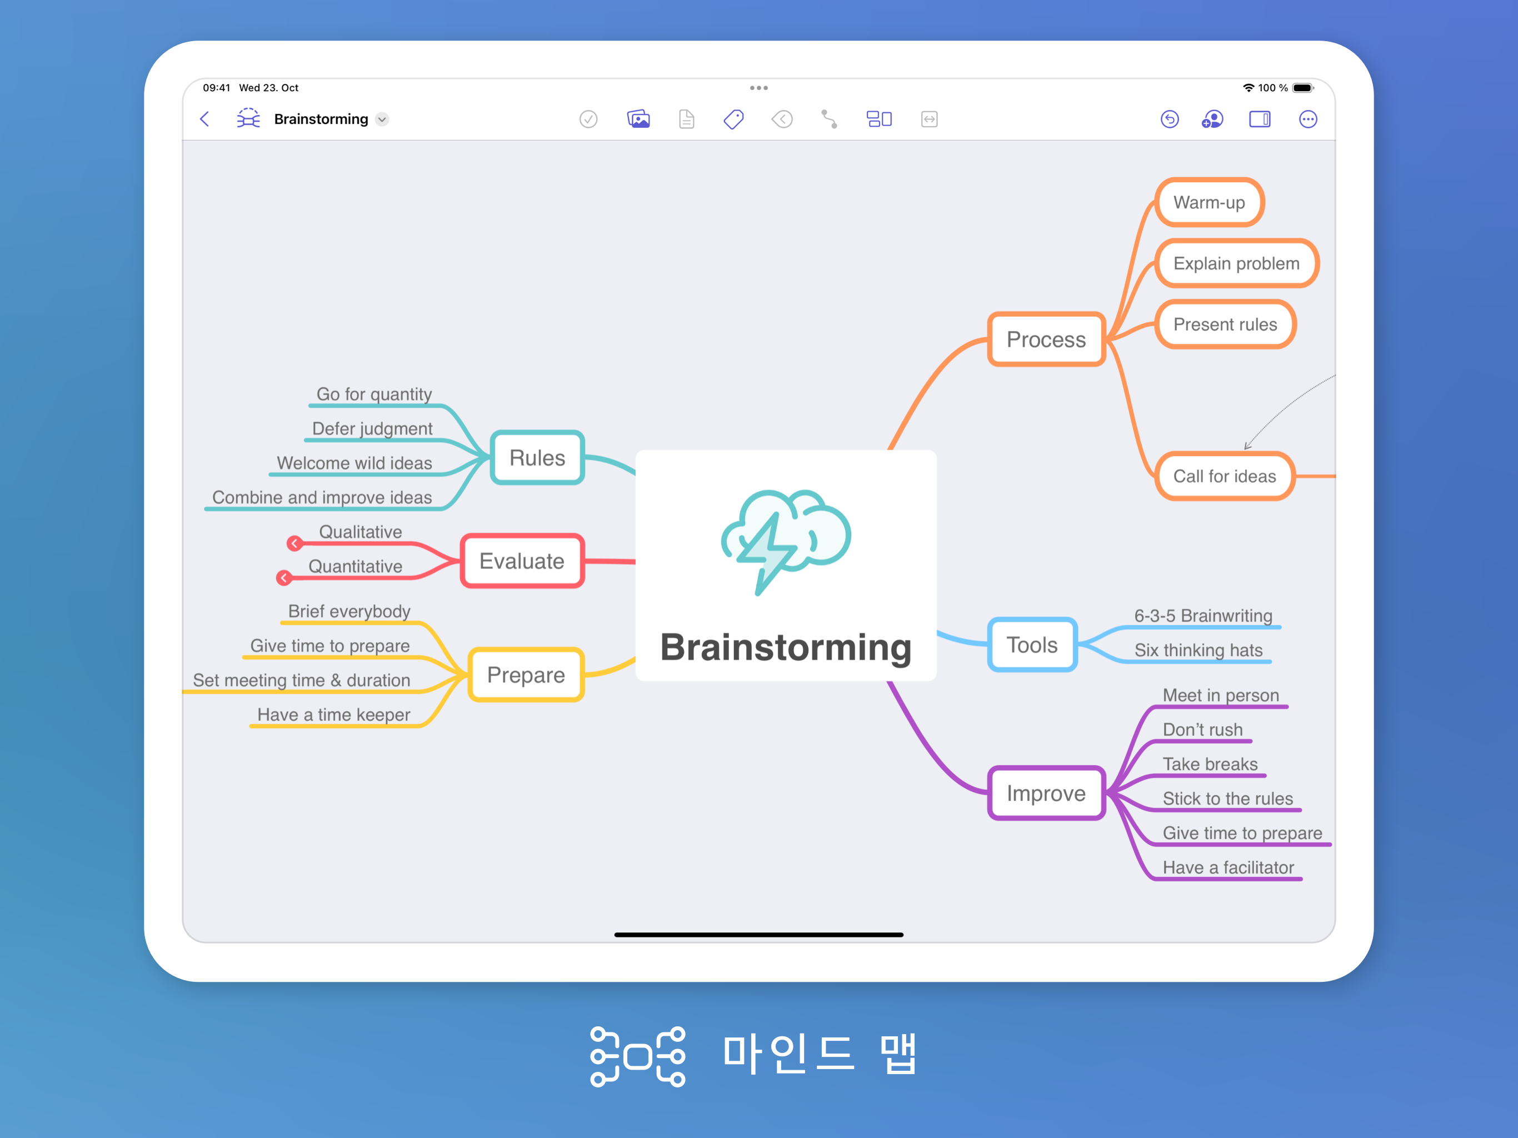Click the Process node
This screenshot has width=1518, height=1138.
[x=1046, y=339]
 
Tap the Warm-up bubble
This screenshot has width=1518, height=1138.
[x=1209, y=202]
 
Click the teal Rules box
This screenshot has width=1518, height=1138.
[x=537, y=458]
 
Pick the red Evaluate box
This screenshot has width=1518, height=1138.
[x=522, y=561]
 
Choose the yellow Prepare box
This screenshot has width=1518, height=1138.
[x=526, y=675]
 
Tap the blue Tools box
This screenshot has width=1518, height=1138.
[x=1032, y=645]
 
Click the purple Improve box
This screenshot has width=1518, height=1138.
[x=1046, y=793]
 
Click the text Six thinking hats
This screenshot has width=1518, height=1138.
[x=1198, y=650]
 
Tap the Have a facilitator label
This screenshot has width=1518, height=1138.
[x=1228, y=867]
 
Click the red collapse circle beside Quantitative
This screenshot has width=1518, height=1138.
[x=284, y=578]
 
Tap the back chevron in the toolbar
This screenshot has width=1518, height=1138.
[x=204, y=119]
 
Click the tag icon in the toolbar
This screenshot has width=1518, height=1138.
[x=733, y=119]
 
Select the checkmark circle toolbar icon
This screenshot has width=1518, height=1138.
[x=588, y=119]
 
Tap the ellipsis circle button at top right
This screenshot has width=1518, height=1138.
[x=1308, y=119]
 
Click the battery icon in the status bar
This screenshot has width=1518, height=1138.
[x=1302, y=88]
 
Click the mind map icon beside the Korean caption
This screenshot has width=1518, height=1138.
[x=637, y=1056]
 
